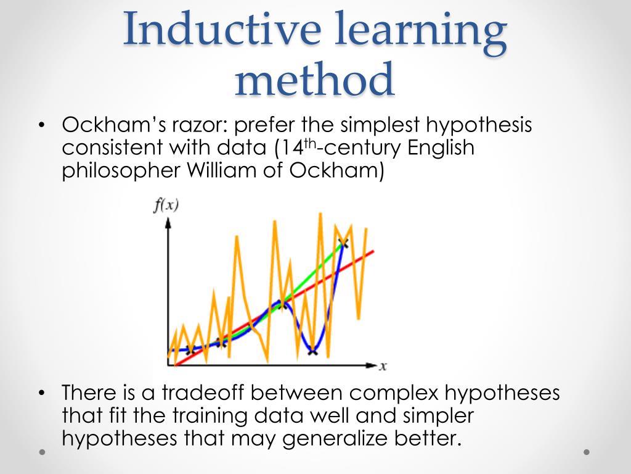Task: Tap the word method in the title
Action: pyautogui.click(x=314, y=80)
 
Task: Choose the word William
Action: pyautogui.click(x=217, y=171)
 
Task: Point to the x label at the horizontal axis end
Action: pyautogui.click(x=383, y=366)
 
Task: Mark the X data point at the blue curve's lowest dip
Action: pyautogui.click(x=312, y=352)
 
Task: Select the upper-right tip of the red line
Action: pyautogui.click(x=372, y=251)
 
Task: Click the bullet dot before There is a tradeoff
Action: pyautogui.click(x=41, y=393)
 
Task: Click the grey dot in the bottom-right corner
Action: pyautogui.click(x=587, y=452)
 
